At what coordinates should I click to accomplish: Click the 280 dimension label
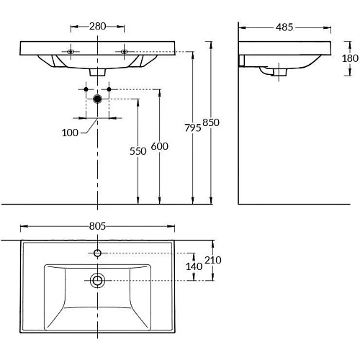tap(97, 26)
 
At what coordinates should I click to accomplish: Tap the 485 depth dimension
tap(284, 27)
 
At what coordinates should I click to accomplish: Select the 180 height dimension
tap(350, 58)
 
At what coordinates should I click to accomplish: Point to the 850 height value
tap(211, 122)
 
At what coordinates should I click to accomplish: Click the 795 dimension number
tap(193, 127)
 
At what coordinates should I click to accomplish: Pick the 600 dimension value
tap(160, 146)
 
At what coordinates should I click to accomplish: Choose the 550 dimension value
tap(138, 151)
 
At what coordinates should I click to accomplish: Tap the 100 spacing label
tap(70, 132)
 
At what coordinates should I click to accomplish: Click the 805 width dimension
tap(97, 226)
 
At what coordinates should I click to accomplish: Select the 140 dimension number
tap(194, 266)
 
